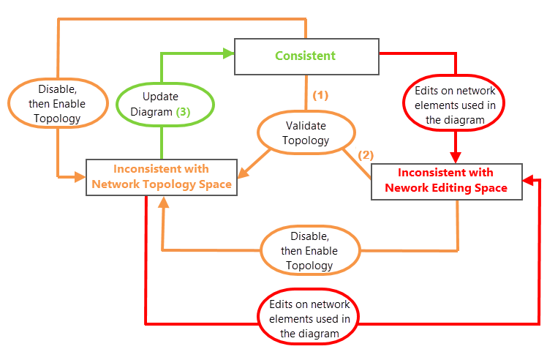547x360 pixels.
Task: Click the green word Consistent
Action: [x=305, y=56]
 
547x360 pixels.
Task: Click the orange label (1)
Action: [x=320, y=95]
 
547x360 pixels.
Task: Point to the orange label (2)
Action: [x=365, y=155]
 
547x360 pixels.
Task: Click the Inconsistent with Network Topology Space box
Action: [x=162, y=176]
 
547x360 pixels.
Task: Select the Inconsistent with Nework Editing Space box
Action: [x=447, y=180]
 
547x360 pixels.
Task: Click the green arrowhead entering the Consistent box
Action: [x=227, y=53]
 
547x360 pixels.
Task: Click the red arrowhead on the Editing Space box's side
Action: [x=530, y=179]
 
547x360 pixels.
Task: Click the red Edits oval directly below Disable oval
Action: [x=309, y=318]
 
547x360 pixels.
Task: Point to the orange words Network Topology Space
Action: [x=162, y=184]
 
